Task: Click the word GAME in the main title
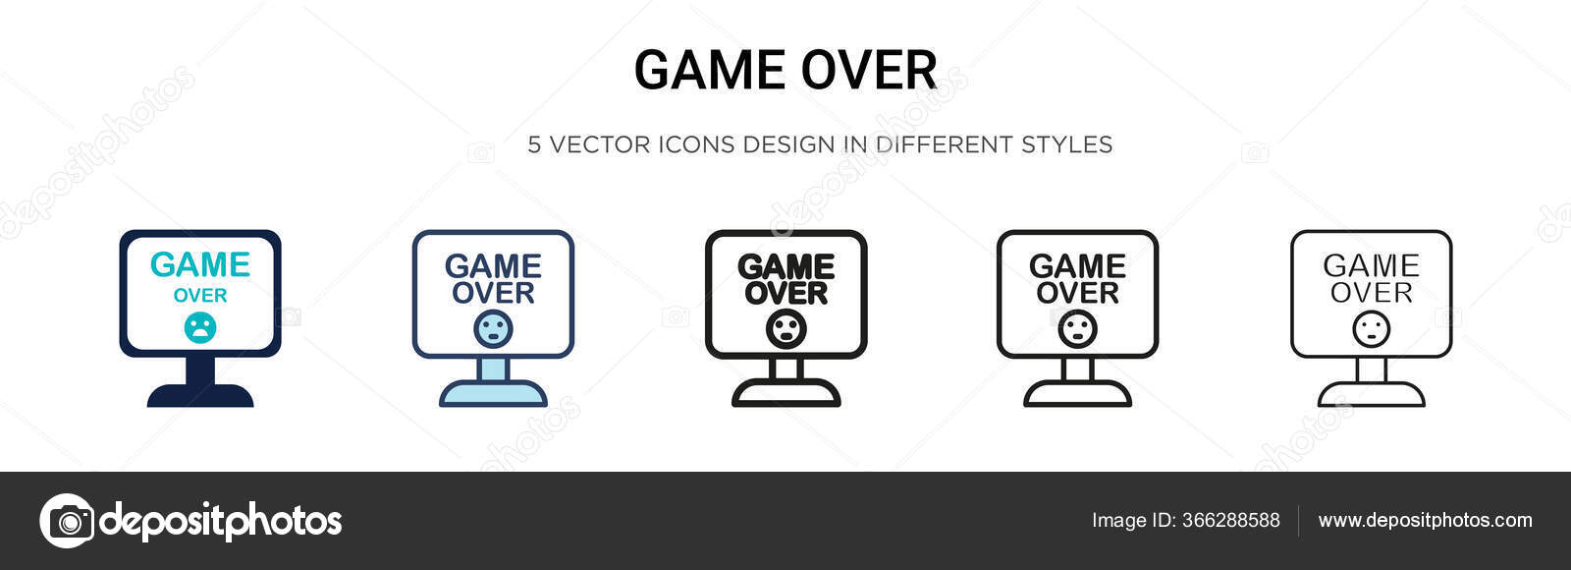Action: click(709, 71)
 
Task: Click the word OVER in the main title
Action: click(868, 71)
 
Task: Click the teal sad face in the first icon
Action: click(200, 327)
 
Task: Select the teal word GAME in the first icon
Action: click(200, 264)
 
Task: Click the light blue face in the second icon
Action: click(493, 328)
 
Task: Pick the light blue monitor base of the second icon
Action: click(493, 393)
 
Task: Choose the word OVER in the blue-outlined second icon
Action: click(493, 293)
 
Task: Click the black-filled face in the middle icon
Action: click(785, 328)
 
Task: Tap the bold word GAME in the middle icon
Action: click(785, 266)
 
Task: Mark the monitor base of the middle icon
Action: click(785, 393)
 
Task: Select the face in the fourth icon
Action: click(1077, 328)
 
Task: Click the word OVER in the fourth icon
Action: click(1077, 293)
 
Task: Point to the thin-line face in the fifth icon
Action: click(1371, 328)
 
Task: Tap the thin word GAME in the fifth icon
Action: click(1371, 265)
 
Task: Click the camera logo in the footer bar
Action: click(67, 521)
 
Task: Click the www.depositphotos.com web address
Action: click(1425, 521)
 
